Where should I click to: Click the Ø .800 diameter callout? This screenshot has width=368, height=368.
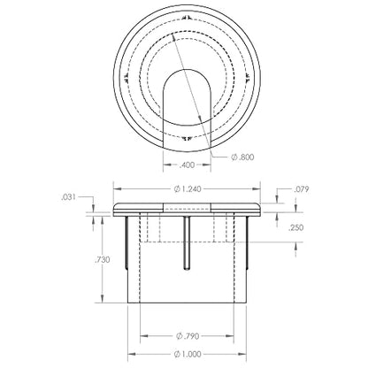click(242, 157)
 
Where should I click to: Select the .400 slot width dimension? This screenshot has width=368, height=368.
click(188, 165)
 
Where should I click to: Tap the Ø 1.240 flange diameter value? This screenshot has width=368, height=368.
click(188, 188)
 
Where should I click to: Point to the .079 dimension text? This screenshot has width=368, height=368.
click(302, 189)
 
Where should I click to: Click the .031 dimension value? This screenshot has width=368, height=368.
click(68, 197)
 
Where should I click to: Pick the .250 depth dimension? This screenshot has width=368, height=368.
click(295, 227)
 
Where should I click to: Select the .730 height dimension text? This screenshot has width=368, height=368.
click(102, 260)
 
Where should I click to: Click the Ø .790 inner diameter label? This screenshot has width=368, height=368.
click(188, 335)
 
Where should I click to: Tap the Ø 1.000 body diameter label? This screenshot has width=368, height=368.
click(188, 354)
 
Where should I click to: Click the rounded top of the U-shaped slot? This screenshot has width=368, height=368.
click(188, 71)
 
